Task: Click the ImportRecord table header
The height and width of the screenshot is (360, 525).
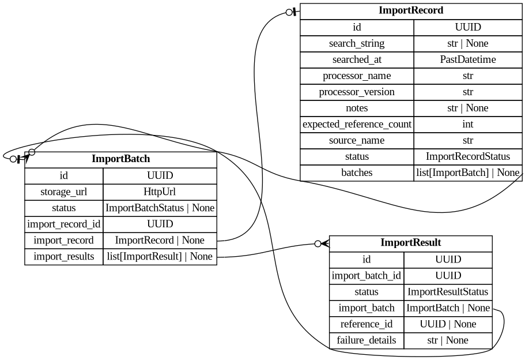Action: coord(411,11)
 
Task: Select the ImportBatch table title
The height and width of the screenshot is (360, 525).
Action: coord(120,159)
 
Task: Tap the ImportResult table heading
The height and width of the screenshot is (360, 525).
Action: coord(410,243)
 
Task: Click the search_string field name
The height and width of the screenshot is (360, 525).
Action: coord(356,43)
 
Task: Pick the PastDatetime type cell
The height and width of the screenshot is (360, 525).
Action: coord(467,59)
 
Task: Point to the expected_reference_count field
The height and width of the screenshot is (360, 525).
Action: coord(356,124)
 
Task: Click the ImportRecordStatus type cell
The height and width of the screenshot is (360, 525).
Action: coord(467,156)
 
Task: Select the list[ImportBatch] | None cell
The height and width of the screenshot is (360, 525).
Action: coord(467,172)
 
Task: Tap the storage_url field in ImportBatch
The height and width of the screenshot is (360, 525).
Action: coord(63,192)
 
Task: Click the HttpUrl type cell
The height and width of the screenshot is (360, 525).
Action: coord(160,192)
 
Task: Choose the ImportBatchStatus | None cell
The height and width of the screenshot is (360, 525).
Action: coord(160,208)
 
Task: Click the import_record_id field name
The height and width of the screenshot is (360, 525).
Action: coord(63,224)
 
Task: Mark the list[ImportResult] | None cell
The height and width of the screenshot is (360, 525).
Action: coord(160,256)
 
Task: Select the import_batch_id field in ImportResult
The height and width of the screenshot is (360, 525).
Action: coord(366,276)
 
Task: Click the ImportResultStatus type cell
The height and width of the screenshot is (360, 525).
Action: coord(448,292)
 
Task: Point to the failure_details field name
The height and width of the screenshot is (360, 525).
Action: coord(366,340)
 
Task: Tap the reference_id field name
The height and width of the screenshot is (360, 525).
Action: coord(366,324)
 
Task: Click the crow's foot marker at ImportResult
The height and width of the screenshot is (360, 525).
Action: coord(324,243)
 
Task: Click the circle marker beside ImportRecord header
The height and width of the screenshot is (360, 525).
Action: coord(289,12)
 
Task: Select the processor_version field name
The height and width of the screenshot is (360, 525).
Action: coord(356,92)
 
